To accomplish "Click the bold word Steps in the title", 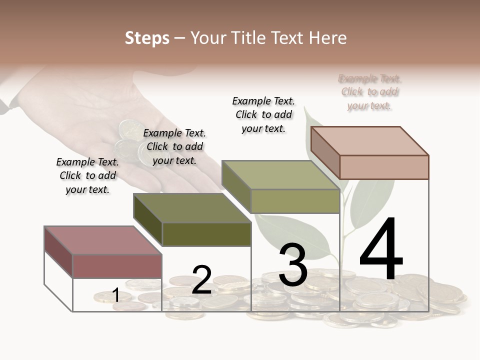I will [146, 38].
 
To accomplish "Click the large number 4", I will [381, 249].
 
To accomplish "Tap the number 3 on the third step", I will [292, 265].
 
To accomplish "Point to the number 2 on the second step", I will [202, 279].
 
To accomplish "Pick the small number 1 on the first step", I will [115, 295].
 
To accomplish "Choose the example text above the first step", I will [87, 175].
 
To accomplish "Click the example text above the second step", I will [174, 146].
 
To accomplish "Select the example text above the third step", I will [263, 114].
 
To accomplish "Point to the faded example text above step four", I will [370, 92].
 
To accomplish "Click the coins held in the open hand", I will [129, 142].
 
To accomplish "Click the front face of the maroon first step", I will [117, 266].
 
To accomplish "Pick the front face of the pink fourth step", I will [384, 167].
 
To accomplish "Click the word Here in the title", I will [328, 38].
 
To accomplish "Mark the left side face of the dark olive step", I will [148, 219].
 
